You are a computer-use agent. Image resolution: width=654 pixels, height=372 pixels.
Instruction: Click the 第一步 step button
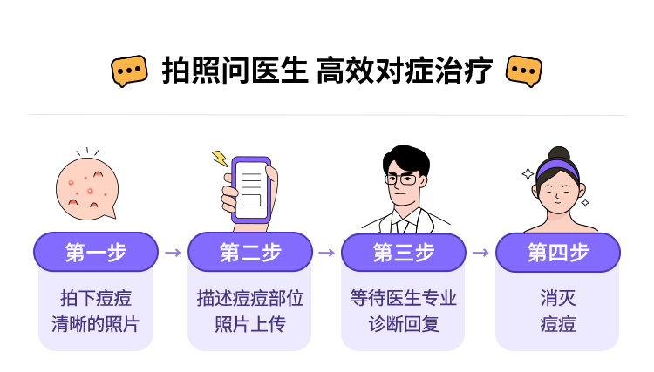pos(96,253)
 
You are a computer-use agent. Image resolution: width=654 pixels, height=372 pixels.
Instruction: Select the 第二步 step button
pos(250,253)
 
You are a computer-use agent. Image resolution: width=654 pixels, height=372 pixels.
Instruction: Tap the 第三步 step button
pos(404,253)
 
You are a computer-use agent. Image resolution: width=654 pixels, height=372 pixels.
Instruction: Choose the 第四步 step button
pos(558,253)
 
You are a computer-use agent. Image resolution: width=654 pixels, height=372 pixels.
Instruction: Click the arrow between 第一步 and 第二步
pos(173,253)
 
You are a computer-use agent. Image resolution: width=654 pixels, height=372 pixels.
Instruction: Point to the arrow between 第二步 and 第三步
pos(326,253)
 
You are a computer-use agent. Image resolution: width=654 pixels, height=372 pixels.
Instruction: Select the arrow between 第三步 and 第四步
pos(480,253)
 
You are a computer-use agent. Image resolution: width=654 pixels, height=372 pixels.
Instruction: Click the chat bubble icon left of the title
pos(129,71)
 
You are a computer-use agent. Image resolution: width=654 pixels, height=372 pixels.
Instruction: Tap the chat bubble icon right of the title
pos(524,71)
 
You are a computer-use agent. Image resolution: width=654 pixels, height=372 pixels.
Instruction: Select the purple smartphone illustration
pos(252,191)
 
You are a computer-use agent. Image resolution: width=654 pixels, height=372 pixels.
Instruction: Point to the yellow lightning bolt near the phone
pos(220,159)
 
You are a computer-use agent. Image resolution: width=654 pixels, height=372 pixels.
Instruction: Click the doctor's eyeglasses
pos(403,179)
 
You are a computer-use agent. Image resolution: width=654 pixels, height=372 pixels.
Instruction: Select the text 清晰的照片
pos(96,325)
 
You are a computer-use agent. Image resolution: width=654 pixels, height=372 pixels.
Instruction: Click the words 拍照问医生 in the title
pos(235,71)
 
